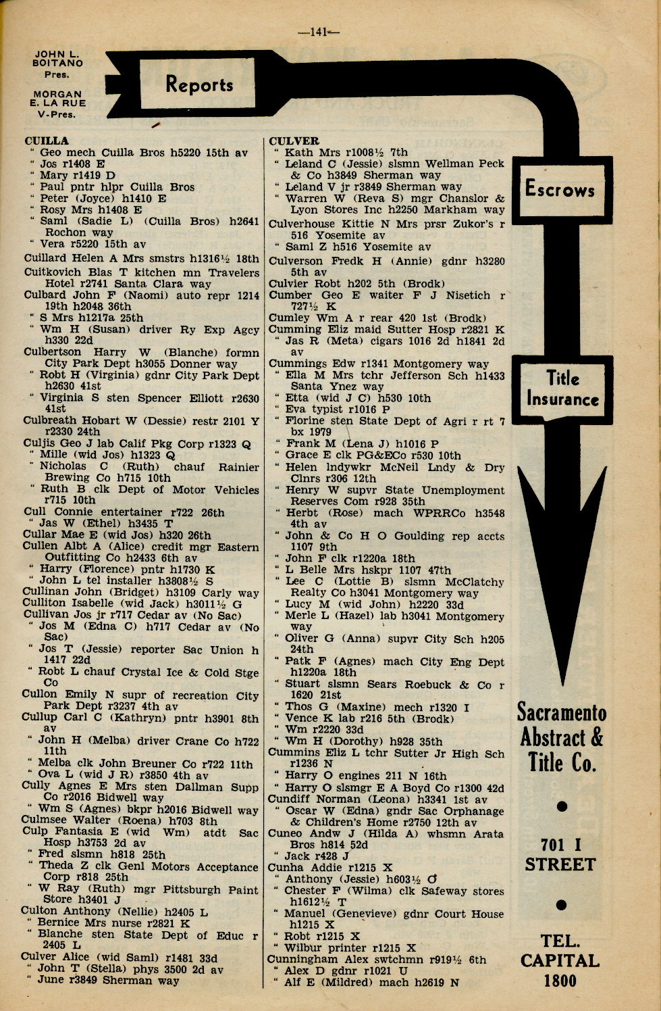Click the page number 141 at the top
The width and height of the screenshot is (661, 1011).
[319, 31]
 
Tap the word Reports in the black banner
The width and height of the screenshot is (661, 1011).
[199, 84]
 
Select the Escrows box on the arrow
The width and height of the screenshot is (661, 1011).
[560, 189]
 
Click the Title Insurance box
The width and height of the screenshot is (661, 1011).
[562, 389]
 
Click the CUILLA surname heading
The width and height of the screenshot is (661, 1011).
[47, 141]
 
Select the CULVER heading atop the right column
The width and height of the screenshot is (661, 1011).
[294, 141]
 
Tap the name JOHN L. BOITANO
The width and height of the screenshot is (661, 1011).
[58, 58]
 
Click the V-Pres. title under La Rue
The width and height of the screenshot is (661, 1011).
[57, 114]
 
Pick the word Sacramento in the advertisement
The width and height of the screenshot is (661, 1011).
[562, 712]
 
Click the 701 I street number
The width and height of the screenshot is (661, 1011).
[560, 844]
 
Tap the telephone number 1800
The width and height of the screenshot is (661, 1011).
[560, 981]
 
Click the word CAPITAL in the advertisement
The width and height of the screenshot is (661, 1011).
[560, 960]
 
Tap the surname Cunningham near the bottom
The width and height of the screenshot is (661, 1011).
[302, 959]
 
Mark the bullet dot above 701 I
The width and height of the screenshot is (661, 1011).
[562, 806]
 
